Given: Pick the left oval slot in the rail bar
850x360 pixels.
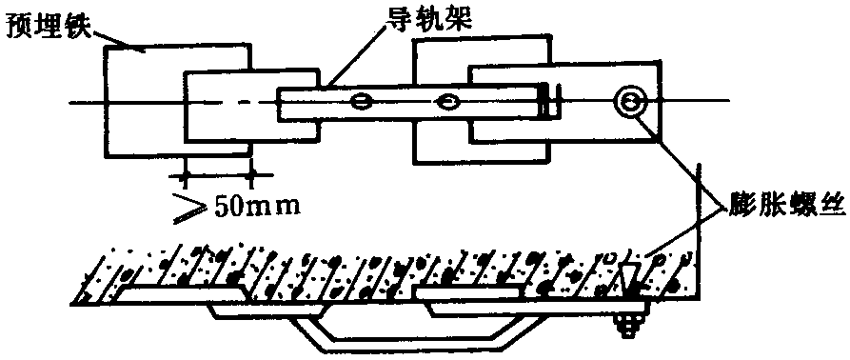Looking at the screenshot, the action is point(362,100).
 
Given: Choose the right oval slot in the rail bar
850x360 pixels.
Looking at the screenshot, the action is point(448,100).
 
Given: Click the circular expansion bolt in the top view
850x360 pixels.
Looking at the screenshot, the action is point(630,101).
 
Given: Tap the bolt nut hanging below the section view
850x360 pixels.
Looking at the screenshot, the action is point(630,327).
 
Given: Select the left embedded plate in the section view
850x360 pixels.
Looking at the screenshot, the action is point(183,295).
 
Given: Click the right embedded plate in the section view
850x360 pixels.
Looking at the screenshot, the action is point(469,294).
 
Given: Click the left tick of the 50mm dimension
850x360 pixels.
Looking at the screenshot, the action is point(183,175).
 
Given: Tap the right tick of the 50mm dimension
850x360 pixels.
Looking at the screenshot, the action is point(249,175).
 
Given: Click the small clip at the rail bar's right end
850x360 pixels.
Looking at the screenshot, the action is point(550,100).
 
